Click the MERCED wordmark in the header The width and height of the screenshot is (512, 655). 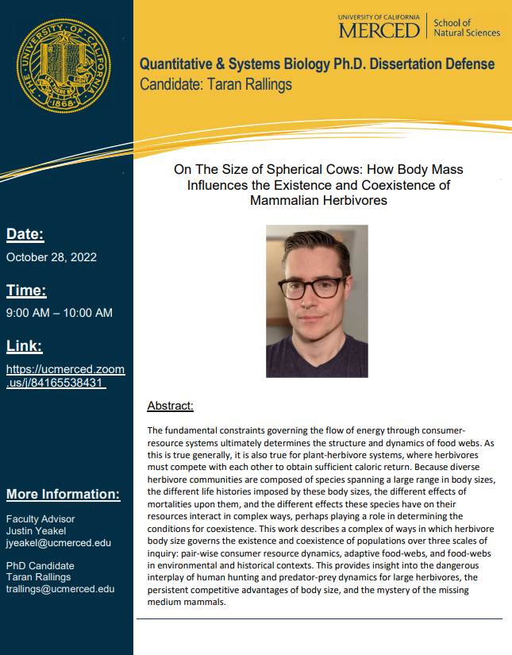click(x=379, y=30)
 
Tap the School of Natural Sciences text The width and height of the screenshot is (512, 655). click(x=467, y=28)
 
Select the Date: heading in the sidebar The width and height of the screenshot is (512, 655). click(x=25, y=234)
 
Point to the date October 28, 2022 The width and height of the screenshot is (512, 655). click(x=51, y=257)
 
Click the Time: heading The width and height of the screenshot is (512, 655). click(x=26, y=290)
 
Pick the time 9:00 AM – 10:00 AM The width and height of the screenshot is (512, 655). click(x=60, y=313)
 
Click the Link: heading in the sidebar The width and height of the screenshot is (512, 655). click(x=25, y=346)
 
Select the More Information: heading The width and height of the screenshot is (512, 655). click(x=64, y=495)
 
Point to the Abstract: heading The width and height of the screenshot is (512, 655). click(x=170, y=406)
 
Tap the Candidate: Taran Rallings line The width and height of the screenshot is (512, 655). click(x=217, y=83)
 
